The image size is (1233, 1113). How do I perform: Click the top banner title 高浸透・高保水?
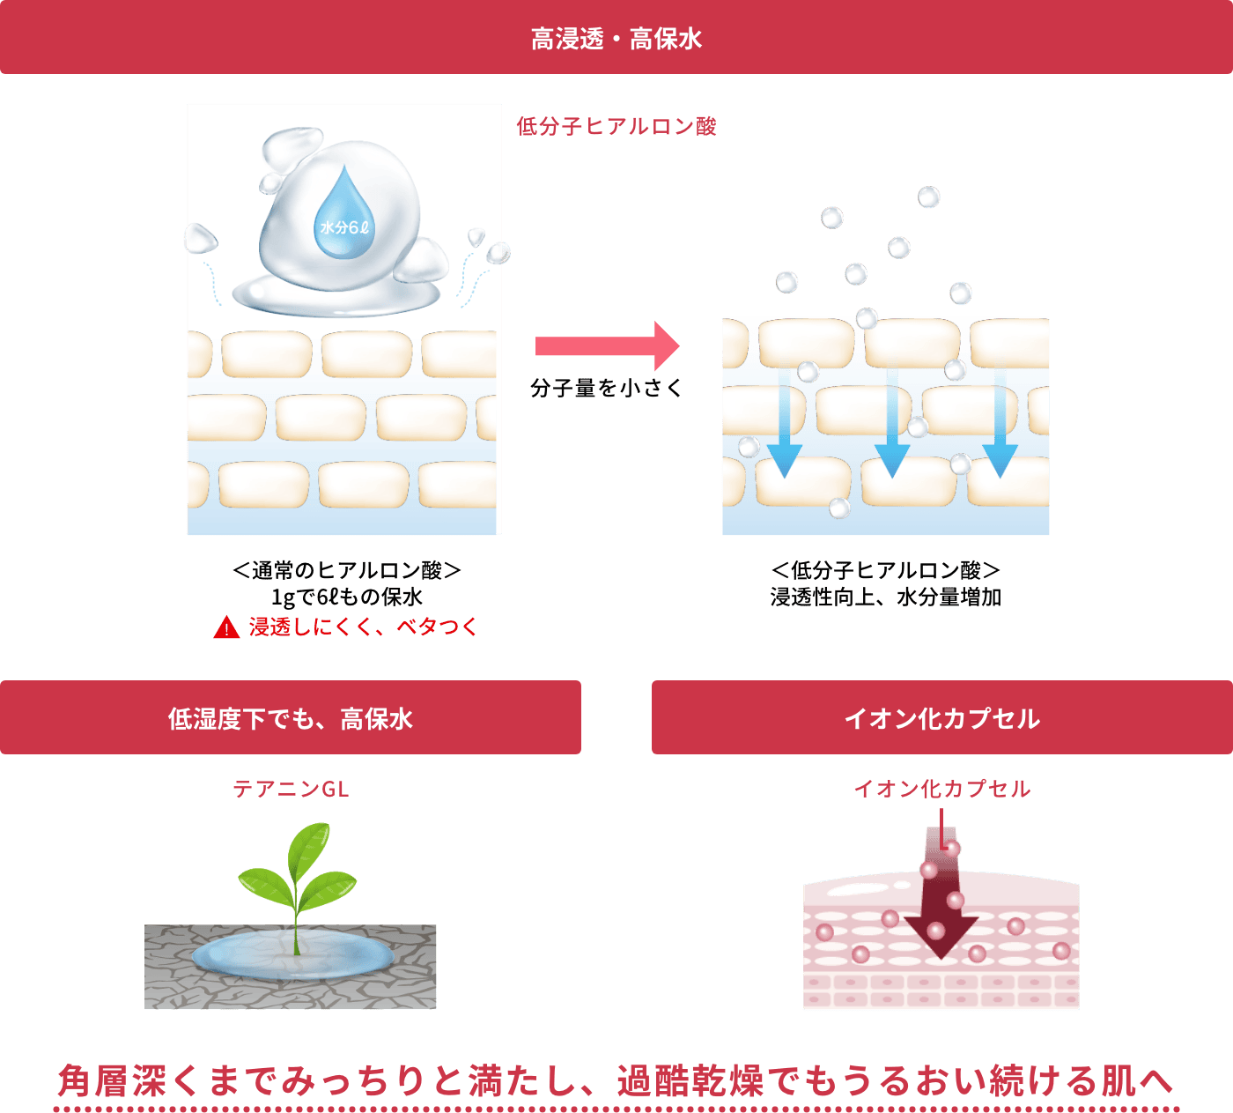tap(616, 39)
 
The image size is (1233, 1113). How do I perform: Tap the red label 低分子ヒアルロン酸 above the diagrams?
tap(616, 126)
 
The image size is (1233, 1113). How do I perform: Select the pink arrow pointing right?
tap(608, 345)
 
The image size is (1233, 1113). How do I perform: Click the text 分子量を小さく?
tap(606, 389)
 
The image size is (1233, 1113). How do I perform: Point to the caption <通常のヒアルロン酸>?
tap(347, 570)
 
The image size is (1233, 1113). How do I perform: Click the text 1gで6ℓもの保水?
tap(347, 597)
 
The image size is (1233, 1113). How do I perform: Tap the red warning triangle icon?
tap(226, 627)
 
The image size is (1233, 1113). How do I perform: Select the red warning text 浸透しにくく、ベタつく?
tap(363, 627)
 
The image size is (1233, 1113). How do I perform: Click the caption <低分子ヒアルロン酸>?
tap(885, 570)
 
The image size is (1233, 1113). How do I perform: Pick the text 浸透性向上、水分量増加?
tap(886, 597)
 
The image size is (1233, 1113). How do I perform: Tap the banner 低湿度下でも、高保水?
tap(290, 718)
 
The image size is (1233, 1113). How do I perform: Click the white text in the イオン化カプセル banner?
tap(941, 718)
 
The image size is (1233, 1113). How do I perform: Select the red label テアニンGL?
tap(291, 789)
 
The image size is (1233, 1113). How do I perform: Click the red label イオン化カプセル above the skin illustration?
tap(941, 789)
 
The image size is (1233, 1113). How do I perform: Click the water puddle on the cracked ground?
tap(292, 954)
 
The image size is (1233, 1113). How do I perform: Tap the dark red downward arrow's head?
tap(941, 937)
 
